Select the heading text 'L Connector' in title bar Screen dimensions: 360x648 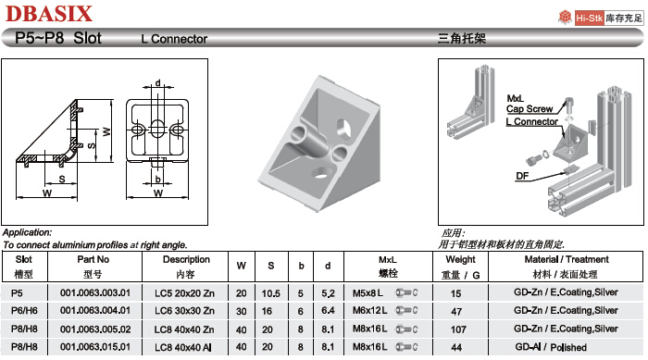(x=174, y=39)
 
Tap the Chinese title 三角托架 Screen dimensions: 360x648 (x=461, y=40)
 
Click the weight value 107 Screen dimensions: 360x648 (x=455, y=329)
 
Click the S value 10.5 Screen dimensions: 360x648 (x=271, y=293)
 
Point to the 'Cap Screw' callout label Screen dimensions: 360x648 (x=529, y=109)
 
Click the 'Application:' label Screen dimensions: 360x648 (x=27, y=233)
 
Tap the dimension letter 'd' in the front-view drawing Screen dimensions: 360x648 (x=158, y=83)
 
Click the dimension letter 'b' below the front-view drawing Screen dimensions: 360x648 (x=159, y=178)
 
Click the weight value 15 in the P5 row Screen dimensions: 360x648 (x=455, y=293)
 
